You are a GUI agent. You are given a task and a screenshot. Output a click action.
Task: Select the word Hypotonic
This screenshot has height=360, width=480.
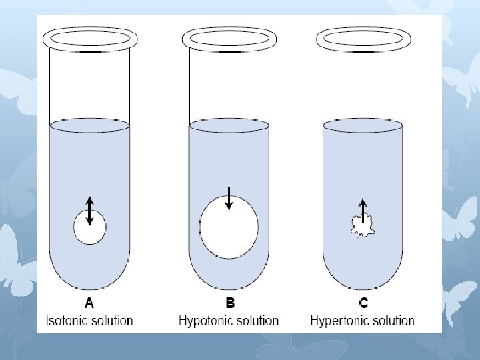(205, 321)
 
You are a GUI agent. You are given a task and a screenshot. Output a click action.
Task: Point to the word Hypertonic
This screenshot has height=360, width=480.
(339, 321)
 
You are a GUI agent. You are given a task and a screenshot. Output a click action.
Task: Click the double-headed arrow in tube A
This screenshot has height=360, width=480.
(90, 211)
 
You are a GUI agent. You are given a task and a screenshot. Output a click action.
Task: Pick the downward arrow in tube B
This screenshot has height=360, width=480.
(229, 198)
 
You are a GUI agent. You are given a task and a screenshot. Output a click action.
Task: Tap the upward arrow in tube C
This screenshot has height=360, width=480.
(363, 208)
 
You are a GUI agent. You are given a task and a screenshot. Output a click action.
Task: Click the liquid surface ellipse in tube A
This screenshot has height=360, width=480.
(89, 125)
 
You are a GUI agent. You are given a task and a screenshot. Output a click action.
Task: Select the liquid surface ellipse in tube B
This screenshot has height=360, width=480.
(229, 125)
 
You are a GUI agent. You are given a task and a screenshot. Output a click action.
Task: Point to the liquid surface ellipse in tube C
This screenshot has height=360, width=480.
(363, 125)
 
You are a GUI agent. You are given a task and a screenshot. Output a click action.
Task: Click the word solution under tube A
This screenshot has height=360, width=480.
(112, 321)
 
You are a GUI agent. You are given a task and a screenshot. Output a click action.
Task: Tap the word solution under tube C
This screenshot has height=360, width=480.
(393, 321)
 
